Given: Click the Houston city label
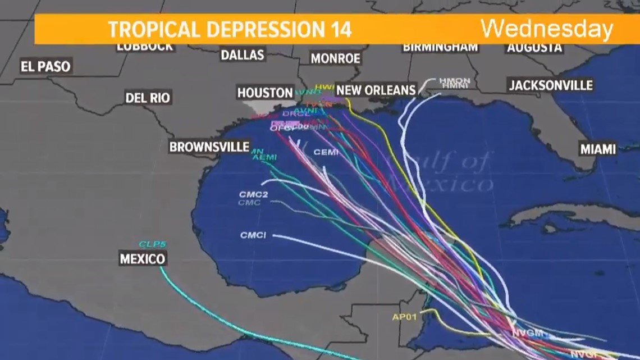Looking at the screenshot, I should [x=265, y=93].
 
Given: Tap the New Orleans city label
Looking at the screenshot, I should [x=376, y=90].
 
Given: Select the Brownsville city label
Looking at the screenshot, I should [x=209, y=147].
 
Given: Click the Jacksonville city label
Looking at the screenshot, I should [x=550, y=85].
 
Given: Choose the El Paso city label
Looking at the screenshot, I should [x=45, y=67].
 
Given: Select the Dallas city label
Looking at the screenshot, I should [x=242, y=55].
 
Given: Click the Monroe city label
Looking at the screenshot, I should [x=335, y=58].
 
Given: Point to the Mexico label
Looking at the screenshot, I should [x=143, y=259].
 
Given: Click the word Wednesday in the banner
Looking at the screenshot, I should [x=546, y=29].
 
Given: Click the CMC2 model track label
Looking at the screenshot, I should [x=253, y=195].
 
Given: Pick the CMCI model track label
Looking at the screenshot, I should [x=253, y=235].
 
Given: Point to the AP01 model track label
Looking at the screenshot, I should [x=404, y=317].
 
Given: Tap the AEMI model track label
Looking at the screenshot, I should [x=264, y=158].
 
